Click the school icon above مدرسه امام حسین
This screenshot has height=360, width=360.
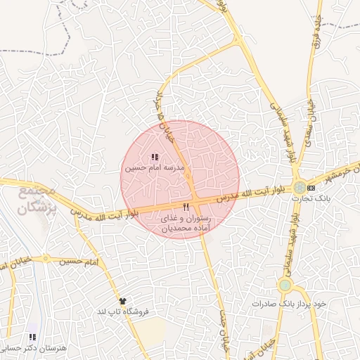[x=155, y=157]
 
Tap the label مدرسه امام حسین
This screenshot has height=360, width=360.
[x=154, y=169]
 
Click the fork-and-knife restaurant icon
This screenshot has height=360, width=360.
[x=186, y=207]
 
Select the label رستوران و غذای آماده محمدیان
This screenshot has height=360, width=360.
[x=186, y=224]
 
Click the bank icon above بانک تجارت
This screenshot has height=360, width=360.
[x=311, y=188]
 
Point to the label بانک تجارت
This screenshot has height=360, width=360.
[x=310, y=198]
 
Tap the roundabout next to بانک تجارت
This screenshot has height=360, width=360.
[x=300, y=187]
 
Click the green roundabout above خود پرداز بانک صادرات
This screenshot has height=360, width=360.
[x=285, y=285]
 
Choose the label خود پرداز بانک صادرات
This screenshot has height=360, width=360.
[x=290, y=303]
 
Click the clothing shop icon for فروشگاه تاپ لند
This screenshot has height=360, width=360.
[x=122, y=300]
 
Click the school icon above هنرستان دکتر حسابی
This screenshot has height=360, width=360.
[x=32, y=337]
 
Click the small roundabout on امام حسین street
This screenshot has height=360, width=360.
[x=46, y=259]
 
